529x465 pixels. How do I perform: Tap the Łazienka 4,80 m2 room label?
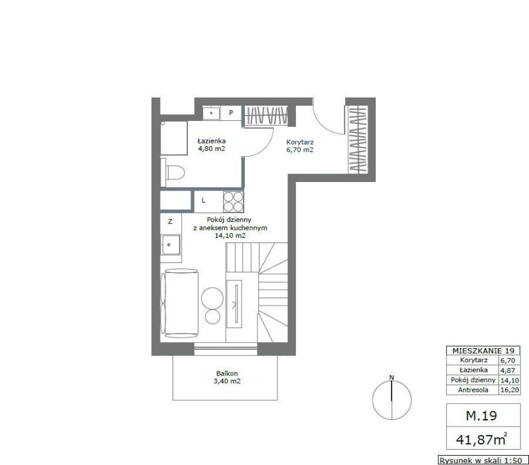212,145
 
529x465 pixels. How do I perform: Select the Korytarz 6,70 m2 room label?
300,146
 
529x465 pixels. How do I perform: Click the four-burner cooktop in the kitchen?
233,201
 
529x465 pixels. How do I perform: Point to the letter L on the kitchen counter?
203,201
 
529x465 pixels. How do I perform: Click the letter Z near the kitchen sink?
170,221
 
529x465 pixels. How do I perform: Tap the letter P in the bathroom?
231,113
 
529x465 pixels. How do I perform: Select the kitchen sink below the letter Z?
171,245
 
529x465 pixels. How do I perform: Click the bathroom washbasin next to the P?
211,113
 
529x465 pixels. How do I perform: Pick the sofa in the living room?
179,303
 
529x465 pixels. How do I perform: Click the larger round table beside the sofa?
212,298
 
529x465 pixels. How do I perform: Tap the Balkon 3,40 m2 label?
227,377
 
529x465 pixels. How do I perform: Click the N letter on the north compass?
392,377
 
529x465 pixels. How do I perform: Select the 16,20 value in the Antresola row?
510,390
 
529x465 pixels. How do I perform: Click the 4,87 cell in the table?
508,370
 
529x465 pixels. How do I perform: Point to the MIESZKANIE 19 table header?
483,351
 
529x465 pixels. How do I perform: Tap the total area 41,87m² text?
482,438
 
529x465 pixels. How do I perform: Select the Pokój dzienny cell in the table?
473,380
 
